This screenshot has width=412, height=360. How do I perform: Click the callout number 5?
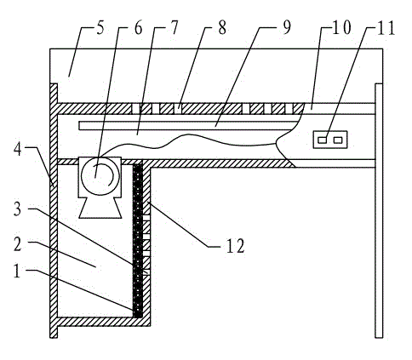pyautogui.click(x=100, y=29)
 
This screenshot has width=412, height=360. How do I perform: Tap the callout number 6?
pyautogui.click(x=138, y=29)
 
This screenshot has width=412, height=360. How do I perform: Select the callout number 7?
pyautogui.click(x=174, y=28)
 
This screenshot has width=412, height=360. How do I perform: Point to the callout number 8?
pyautogui.click(x=222, y=28)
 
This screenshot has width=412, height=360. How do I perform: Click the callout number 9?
pyautogui.click(x=287, y=28)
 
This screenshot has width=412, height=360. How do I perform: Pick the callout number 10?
pyautogui.click(x=341, y=28)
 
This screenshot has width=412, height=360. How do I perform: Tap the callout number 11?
pyautogui.click(x=385, y=29)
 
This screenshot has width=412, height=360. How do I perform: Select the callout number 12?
pyautogui.click(x=235, y=246)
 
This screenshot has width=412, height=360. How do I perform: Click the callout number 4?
pyautogui.click(x=18, y=150)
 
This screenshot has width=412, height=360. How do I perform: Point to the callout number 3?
pyautogui.click(x=18, y=209)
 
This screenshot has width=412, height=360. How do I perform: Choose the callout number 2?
pyautogui.click(x=18, y=244)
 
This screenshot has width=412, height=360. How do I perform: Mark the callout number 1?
pyautogui.click(x=17, y=271)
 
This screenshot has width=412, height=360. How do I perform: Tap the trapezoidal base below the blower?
pyautogui.click(x=100, y=208)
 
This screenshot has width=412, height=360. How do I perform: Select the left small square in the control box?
pyautogui.click(x=323, y=140)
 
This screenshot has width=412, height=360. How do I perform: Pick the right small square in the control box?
pyautogui.click(x=338, y=140)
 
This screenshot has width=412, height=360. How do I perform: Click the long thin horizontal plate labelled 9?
pyautogui.click(x=186, y=126)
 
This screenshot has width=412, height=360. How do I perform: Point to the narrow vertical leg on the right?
pyautogui.click(x=379, y=210)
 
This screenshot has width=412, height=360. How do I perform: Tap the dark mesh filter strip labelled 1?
pyautogui.click(x=138, y=241)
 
